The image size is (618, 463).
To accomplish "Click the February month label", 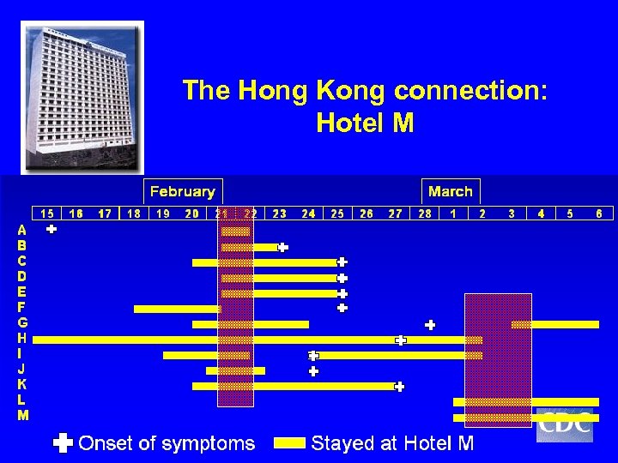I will [x=182, y=191].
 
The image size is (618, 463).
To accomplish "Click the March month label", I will [x=450, y=191].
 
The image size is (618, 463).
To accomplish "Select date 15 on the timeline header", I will [x=47, y=213].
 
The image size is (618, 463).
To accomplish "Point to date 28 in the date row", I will [x=424, y=213].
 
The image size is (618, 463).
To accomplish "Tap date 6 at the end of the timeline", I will [x=598, y=213].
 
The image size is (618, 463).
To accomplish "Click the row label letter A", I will [x=22, y=230].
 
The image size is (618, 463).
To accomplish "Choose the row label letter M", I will [x=22, y=415].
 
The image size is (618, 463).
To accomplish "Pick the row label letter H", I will [x=22, y=338].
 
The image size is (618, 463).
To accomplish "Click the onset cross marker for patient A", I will [x=51, y=230].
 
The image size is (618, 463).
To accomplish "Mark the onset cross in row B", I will [x=282, y=247].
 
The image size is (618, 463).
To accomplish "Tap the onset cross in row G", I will [x=430, y=325].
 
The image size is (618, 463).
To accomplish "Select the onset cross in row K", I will [x=399, y=387].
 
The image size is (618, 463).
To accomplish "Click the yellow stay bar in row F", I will [x=177, y=309].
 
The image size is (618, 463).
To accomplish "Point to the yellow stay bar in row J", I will [x=235, y=371].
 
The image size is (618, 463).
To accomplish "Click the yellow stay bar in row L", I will [x=525, y=401].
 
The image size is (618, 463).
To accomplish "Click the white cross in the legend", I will [x=63, y=443].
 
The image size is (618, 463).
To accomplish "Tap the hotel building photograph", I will [x=82, y=96].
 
